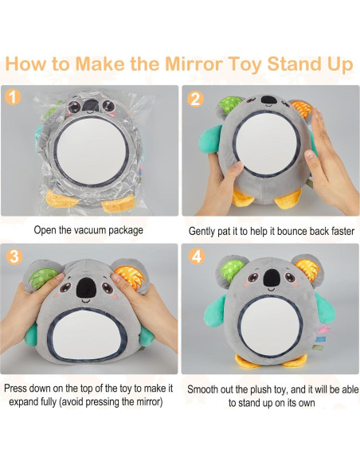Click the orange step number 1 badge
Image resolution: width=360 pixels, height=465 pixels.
pyautogui.click(x=13, y=98)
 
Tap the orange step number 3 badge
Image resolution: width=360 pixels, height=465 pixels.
pyautogui.click(x=13, y=256)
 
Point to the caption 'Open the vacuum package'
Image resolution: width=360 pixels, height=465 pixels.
pyautogui.click(x=88, y=230)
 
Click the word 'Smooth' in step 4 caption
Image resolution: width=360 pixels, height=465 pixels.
pyautogui.click(x=205, y=389)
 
